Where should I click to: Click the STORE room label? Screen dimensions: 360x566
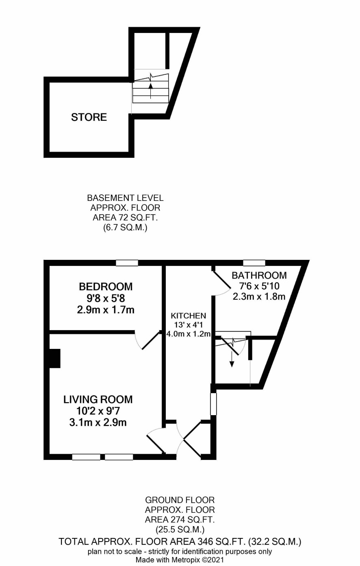[x=89, y=117]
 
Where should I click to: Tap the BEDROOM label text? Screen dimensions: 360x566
[x=106, y=287]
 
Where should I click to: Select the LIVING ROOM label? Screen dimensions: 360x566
[x=98, y=399]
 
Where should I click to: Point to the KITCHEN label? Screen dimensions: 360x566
[x=189, y=316]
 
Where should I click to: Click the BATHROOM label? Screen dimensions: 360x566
[x=259, y=275]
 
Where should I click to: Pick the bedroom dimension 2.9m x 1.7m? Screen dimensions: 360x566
[x=106, y=310]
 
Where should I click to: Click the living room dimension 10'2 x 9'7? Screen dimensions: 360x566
[x=98, y=411]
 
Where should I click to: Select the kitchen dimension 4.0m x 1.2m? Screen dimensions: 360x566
[x=189, y=334]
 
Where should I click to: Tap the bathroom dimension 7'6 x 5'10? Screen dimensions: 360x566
[x=259, y=286]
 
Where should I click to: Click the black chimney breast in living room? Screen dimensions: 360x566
[x=55, y=358]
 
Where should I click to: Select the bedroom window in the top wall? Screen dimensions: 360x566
[x=127, y=263]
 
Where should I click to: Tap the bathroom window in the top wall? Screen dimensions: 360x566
[x=254, y=263]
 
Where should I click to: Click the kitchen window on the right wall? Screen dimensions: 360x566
[x=214, y=404]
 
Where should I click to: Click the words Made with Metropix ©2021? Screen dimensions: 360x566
[x=180, y=560]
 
